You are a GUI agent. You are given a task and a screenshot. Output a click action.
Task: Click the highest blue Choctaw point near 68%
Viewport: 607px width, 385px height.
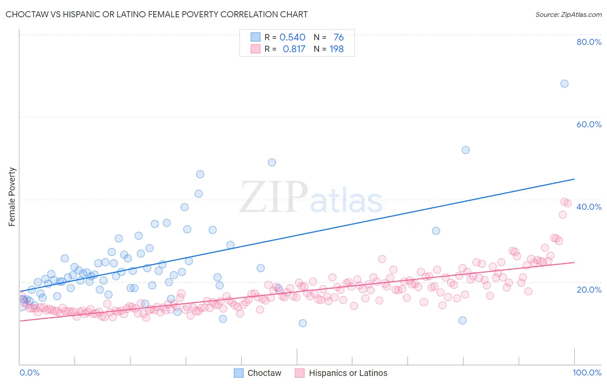(564, 84)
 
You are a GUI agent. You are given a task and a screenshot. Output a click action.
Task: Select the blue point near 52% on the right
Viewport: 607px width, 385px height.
(465, 150)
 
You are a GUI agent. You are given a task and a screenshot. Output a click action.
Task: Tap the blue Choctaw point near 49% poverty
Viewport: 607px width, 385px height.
(272, 162)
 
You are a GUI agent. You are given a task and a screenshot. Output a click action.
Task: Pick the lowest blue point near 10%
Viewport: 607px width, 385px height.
(303, 323)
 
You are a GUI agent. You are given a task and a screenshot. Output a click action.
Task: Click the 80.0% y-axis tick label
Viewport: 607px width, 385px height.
(589, 42)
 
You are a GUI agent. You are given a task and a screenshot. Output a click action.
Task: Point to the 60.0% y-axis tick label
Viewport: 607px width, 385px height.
(589, 124)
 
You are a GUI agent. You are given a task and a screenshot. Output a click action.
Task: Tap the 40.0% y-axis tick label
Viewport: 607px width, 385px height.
(589, 207)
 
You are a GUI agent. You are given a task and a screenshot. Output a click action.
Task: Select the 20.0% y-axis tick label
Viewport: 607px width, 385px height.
(589, 289)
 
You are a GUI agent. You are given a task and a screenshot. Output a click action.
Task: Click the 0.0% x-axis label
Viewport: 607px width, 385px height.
(29, 372)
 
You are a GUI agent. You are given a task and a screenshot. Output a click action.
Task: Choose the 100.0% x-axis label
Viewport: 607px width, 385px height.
(587, 372)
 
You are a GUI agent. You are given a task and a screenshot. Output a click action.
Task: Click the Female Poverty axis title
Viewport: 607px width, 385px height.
(12, 197)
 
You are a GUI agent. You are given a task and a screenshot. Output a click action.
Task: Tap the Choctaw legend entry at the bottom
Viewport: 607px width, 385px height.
(258, 373)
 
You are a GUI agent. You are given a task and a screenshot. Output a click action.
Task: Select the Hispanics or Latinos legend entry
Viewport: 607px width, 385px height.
(341, 373)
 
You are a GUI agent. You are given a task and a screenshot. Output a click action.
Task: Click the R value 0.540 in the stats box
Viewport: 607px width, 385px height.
(292, 38)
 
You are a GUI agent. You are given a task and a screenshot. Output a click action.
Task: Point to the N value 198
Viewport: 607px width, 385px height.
(336, 49)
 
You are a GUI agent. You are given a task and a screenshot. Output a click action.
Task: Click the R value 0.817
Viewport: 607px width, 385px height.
(294, 49)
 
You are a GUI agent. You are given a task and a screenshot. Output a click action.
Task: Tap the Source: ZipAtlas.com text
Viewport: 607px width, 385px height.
(568, 15)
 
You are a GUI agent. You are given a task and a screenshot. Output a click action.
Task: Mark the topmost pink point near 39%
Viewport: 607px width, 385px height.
(564, 202)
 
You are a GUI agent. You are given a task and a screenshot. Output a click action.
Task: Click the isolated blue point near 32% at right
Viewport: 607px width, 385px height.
(436, 231)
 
